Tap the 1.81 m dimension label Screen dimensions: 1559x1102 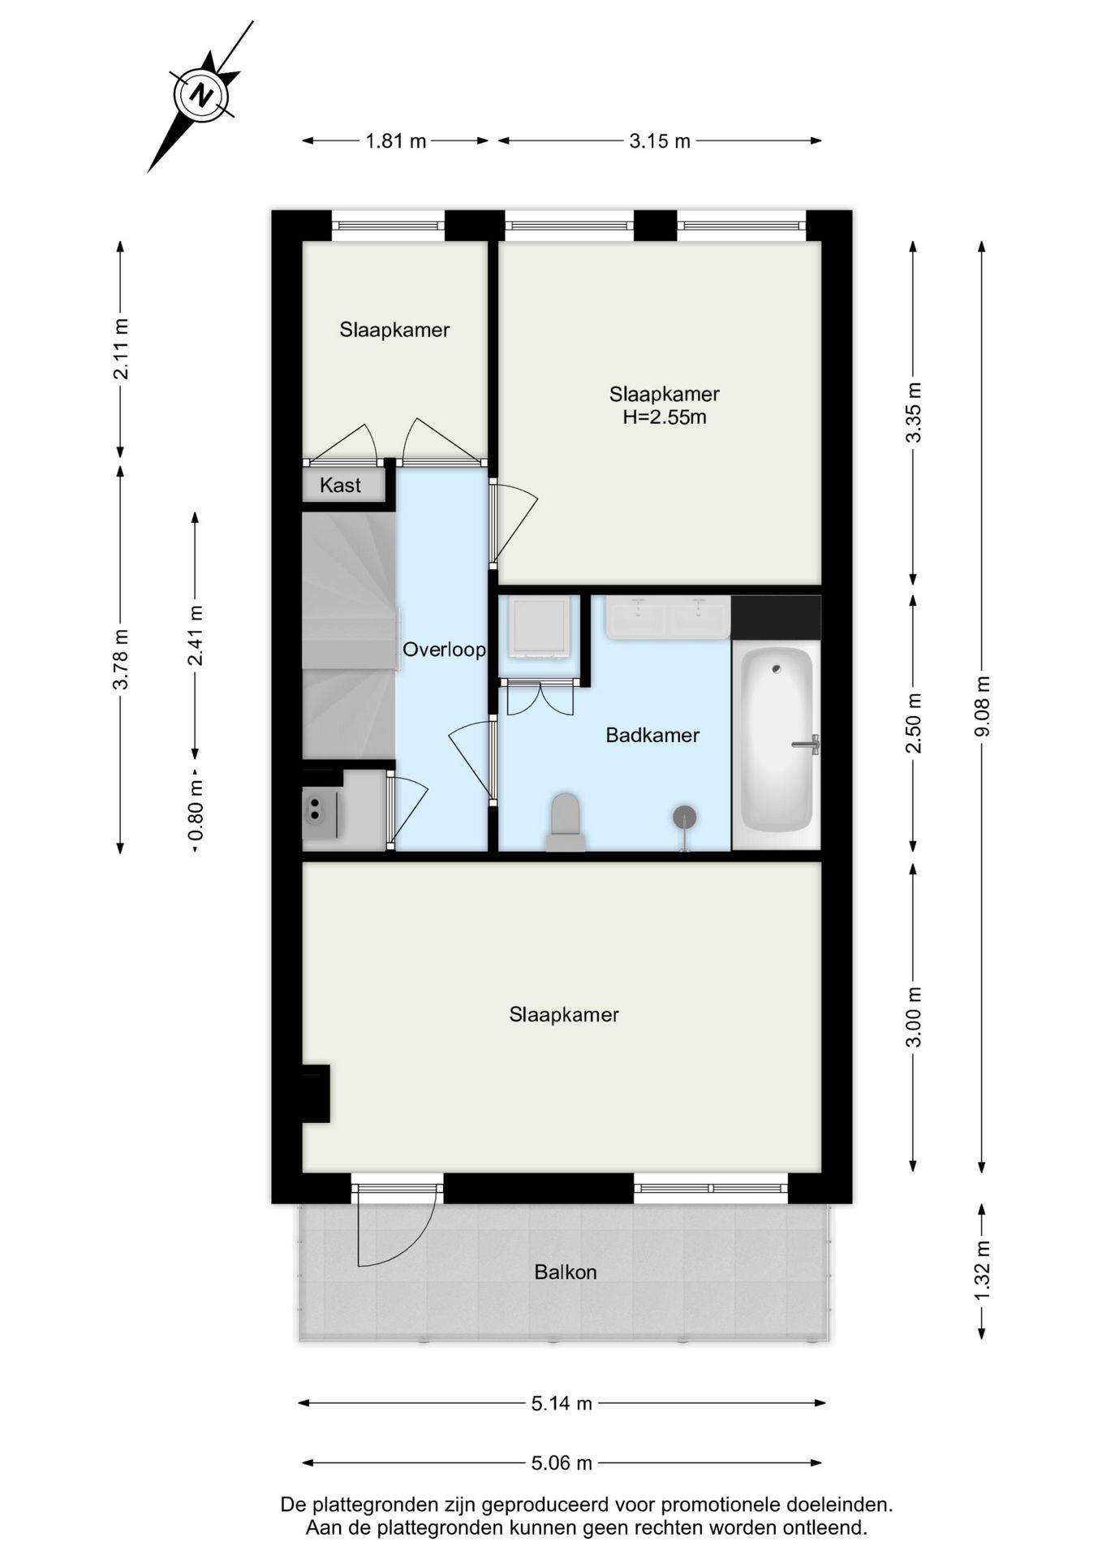395,141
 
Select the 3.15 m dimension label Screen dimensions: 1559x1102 659,141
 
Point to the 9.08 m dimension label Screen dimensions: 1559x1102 982,706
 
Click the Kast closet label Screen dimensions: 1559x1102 340,486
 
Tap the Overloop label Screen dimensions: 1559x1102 444,650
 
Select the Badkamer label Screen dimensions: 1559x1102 652,735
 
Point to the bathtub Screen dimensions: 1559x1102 777,739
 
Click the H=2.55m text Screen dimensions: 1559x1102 664,417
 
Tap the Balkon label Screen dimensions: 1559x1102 566,1272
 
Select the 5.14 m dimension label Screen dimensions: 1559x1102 562,1403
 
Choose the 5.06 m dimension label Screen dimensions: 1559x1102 562,1463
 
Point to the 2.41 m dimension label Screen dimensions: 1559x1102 195,635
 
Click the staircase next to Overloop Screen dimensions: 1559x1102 348,633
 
